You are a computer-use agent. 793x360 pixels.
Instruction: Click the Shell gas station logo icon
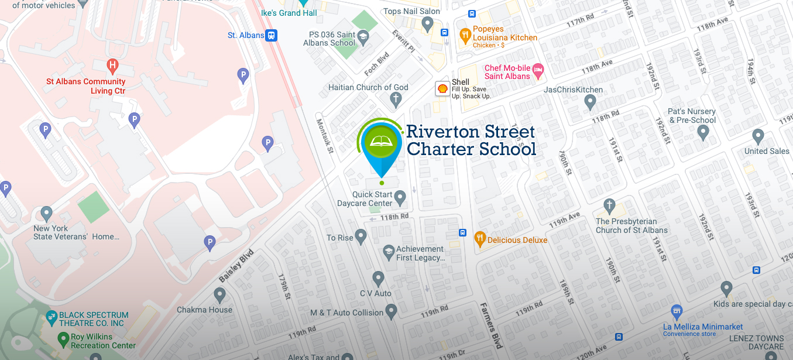coord(443,88)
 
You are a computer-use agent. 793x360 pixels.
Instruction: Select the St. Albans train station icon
coord(270,35)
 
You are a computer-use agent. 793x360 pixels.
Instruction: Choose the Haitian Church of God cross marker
coord(396,100)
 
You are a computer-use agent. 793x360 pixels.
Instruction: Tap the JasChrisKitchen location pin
coord(590,102)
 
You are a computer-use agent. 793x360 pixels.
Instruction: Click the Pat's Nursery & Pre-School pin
coord(703,132)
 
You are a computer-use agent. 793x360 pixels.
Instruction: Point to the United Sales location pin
coord(758,137)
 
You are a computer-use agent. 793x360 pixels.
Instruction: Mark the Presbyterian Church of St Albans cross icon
coord(609,206)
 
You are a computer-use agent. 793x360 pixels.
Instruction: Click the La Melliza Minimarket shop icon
coord(677,311)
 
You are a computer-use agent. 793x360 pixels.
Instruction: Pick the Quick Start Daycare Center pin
coord(400,198)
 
